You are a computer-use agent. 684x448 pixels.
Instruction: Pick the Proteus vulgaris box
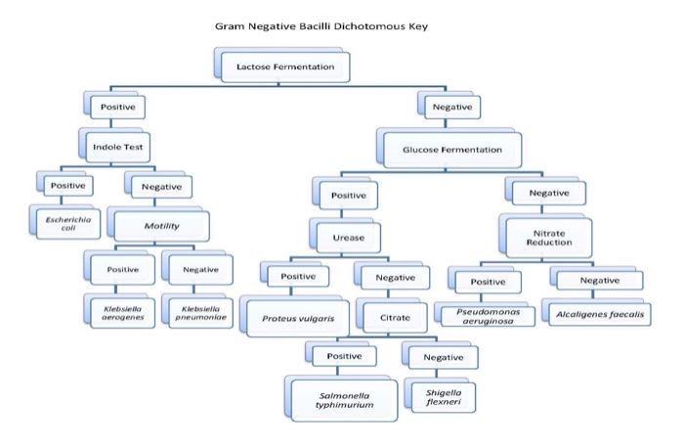(x=291, y=318)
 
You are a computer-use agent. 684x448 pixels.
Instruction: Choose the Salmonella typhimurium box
(x=339, y=398)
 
